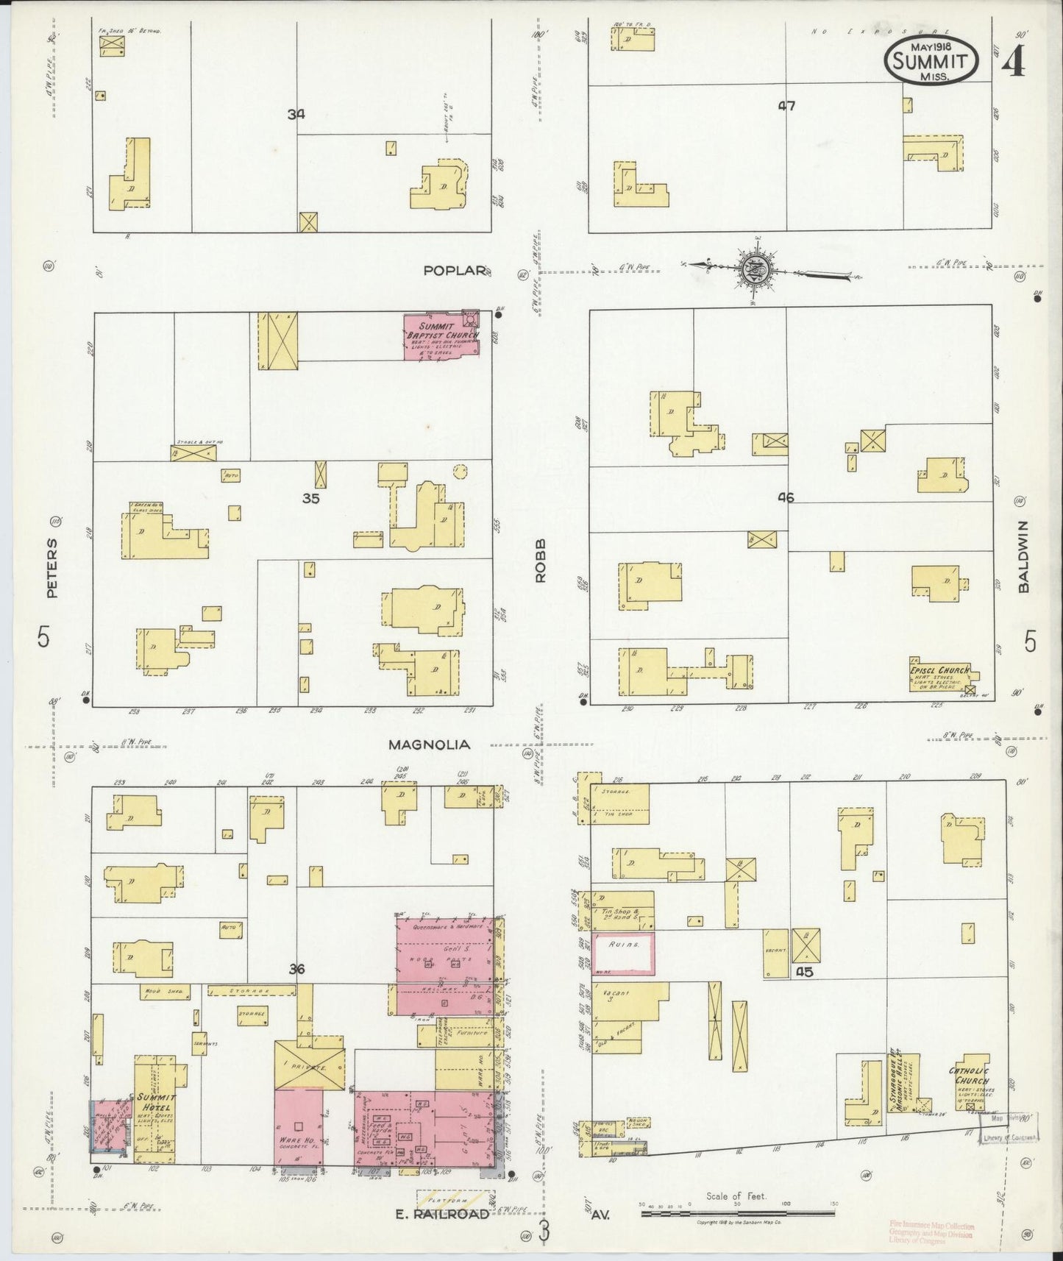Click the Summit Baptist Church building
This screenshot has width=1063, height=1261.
(x=441, y=336)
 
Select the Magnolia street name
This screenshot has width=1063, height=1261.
(x=429, y=745)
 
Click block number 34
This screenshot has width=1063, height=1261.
(x=296, y=114)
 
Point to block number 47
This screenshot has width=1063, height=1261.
(x=786, y=106)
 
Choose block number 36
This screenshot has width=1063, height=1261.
(x=296, y=970)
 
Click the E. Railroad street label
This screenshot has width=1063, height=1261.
(x=442, y=1214)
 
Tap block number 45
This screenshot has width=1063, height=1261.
(x=804, y=971)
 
